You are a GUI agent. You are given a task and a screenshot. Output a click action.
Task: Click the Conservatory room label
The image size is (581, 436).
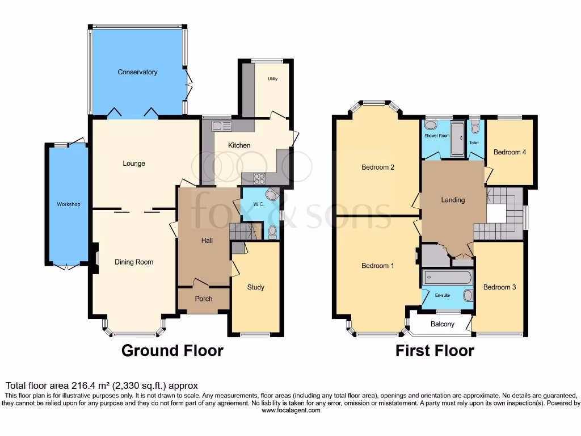click(137, 72)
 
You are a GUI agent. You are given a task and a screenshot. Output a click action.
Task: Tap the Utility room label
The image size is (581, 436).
click(272, 78)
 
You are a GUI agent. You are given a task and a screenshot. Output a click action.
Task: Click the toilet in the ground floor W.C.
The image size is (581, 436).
click(272, 230)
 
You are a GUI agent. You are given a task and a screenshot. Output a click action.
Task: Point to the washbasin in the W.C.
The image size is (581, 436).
click(273, 196)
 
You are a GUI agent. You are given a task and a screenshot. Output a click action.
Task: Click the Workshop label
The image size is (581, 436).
click(68, 204)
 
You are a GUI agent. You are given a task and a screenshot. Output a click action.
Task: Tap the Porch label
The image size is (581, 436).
click(204, 299)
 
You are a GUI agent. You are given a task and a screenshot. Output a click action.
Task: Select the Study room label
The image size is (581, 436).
click(256, 287)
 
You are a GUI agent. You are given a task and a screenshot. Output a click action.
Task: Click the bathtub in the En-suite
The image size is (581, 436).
click(448, 277)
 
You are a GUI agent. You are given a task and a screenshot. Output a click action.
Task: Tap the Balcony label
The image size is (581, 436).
click(443, 324)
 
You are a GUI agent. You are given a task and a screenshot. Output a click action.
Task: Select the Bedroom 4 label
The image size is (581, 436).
click(510, 152)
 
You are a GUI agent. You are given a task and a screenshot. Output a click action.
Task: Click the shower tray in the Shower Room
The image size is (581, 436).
click(457, 138)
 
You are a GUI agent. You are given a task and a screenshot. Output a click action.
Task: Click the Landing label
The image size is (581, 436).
click(453, 200)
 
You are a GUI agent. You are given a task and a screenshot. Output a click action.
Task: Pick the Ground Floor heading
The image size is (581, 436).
click(172, 351)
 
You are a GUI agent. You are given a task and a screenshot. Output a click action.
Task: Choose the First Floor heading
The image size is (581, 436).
click(435, 351)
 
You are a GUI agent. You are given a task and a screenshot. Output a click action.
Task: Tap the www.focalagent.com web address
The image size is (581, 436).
click(290, 410)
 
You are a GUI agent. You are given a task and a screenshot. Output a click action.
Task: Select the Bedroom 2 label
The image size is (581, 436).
click(378, 167)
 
